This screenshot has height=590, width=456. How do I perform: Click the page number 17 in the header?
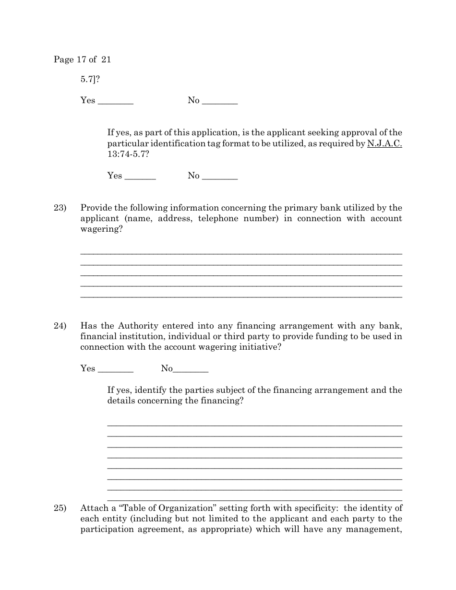click(81, 59)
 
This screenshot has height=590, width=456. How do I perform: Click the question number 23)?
click(60, 208)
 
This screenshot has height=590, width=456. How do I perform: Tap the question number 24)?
click(60, 326)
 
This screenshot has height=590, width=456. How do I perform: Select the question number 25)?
click(60, 508)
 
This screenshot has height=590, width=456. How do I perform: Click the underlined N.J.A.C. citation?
click(384, 143)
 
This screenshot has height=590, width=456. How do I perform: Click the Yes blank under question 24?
click(115, 370)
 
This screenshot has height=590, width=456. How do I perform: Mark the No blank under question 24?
click(191, 370)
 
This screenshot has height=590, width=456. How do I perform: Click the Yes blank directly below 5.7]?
click(115, 102)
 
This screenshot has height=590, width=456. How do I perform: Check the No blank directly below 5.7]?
click(220, 102)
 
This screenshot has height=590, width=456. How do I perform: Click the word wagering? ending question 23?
click(101, 229)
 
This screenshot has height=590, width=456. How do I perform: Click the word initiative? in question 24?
click(256, 347)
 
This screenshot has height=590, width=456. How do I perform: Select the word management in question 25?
click(376, 529)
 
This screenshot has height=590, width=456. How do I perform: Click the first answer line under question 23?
click(241, 253)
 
